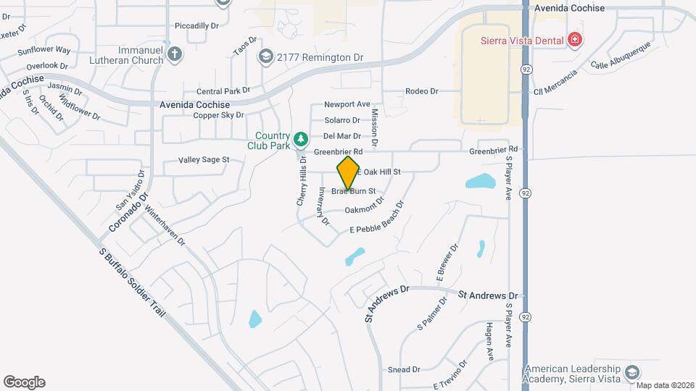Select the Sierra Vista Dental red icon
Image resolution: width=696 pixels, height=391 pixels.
tap(575, 39)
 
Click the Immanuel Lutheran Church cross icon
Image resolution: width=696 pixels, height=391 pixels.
tap(174, 54)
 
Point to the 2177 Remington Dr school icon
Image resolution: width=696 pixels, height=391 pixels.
tap(266, 56)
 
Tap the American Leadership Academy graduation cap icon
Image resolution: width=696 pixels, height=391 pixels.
tap(631, 371)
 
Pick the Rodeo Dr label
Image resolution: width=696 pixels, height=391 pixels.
tap(422, 91)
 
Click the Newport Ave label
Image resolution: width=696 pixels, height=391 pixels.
tap(347, 104)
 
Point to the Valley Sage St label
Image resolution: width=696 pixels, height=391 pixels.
tap(204, 160)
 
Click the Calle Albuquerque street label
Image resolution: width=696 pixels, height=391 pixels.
tap(620, 56)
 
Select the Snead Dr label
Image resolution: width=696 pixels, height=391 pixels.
tap(404, 369)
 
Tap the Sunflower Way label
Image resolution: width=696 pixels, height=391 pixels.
tap(44, 51)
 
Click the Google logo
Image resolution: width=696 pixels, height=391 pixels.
tap(24, 382)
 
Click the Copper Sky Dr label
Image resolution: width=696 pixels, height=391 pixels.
tap(218, 115)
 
